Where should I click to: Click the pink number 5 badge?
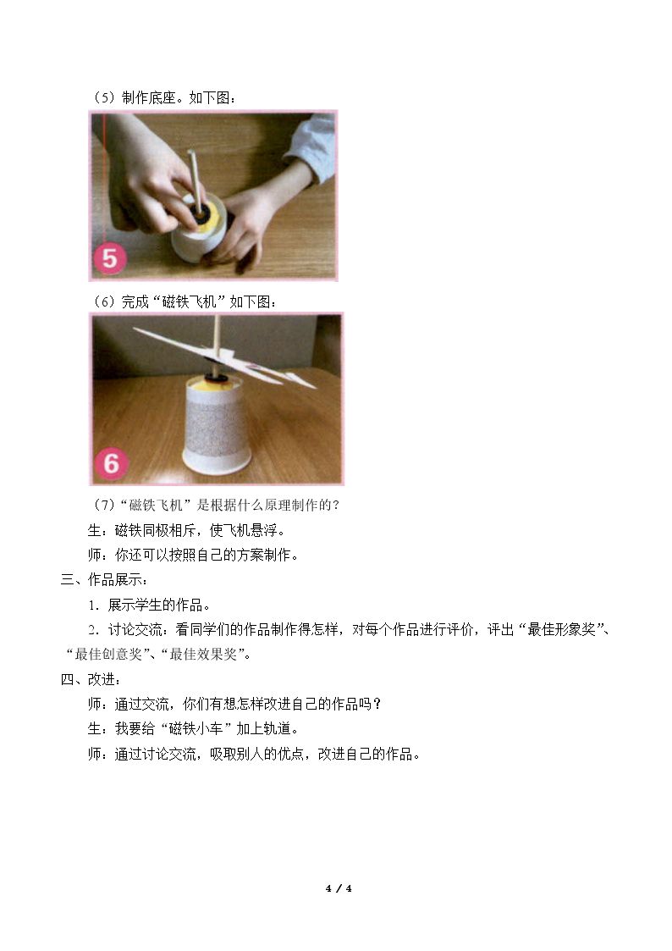coord(110,258)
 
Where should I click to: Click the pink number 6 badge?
coord(112,463)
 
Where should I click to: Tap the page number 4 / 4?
coord(339,888)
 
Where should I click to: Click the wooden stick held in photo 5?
coord(196,175)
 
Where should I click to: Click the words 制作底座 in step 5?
coord(148,97)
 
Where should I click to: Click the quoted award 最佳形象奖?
coord(561,629)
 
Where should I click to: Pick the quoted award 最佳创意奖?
coord(107,655)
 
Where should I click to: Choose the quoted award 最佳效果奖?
coord(203,655)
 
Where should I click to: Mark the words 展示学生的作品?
coord(155,605)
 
